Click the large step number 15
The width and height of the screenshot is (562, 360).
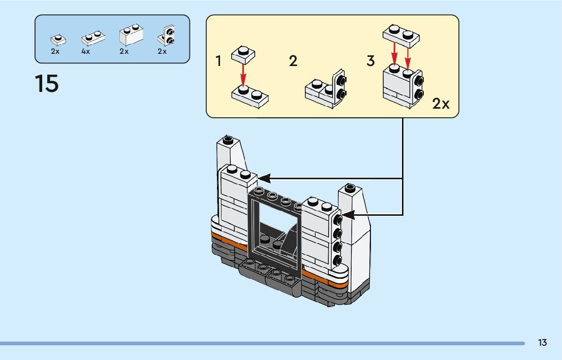click(x=47, y=84)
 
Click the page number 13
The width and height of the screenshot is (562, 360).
click(x=542, y=343)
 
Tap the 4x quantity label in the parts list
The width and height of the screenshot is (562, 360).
click(x=85, y=52)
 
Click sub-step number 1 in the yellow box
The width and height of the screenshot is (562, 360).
click(x=218, y=62)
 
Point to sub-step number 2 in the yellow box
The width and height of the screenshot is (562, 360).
click(x=293, y=61)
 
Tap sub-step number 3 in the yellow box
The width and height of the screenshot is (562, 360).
click(x=370, y=61)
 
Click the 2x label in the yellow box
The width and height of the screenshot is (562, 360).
click(x=441, y=104)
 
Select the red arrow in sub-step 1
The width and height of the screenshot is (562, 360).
click(x=243, y=74)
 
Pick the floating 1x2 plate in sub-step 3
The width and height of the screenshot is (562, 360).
click(x=401, y=36)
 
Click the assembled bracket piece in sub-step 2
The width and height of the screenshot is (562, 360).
click(x=326, y=89)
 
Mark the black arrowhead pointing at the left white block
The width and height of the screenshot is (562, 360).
click(x=264, y=178)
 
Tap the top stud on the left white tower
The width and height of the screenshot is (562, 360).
click(x=228, y=139)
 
